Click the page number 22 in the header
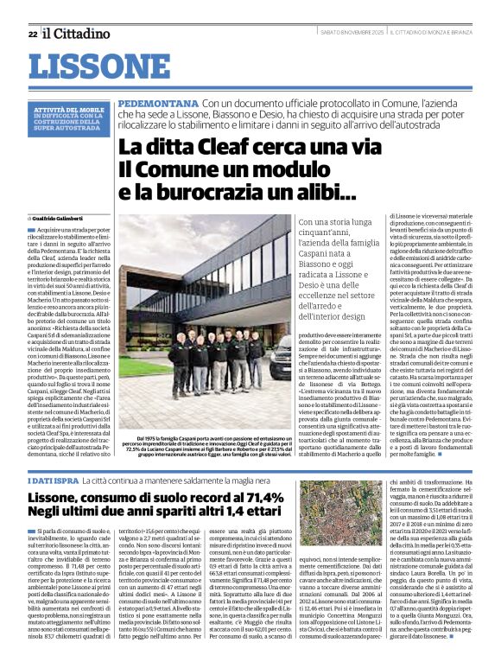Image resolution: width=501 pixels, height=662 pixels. coord(32,34)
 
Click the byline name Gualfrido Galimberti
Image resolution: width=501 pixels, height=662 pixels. coord(63,220)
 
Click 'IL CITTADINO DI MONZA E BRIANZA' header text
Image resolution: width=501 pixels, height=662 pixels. coord(434,34)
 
